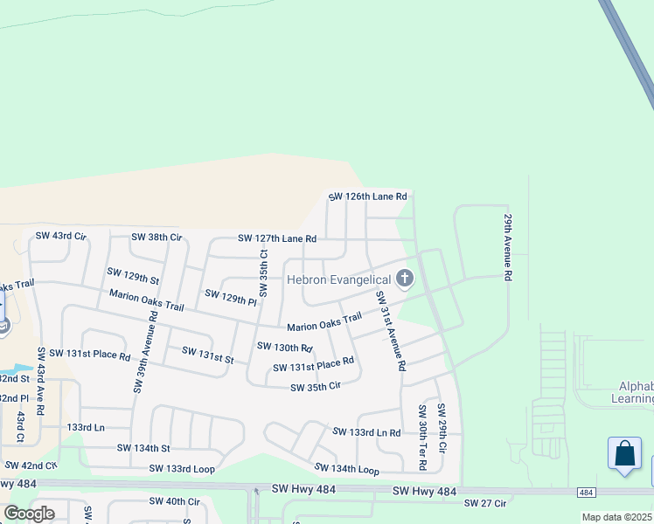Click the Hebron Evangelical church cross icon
404,279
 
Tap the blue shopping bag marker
624,454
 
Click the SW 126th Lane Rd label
368,196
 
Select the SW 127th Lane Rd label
277,238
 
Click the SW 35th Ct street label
263,275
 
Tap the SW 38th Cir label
157,237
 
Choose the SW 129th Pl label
230,297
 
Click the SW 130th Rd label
284,348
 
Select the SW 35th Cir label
315,387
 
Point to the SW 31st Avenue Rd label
390,332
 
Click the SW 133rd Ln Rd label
366,432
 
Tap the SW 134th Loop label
346,470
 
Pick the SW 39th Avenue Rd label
145,353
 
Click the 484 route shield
586,493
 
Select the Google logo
29,514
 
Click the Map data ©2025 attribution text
616,517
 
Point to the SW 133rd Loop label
182,468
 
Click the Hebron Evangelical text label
339,279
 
